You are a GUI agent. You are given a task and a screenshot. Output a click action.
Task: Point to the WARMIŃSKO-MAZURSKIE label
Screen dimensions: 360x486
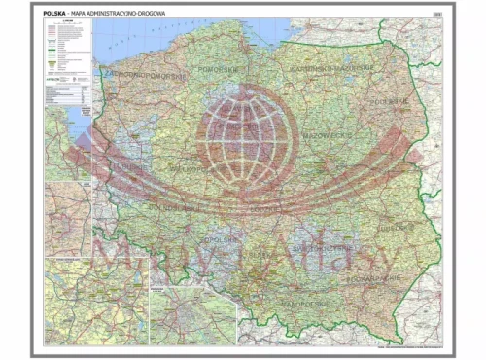coord(335,69)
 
